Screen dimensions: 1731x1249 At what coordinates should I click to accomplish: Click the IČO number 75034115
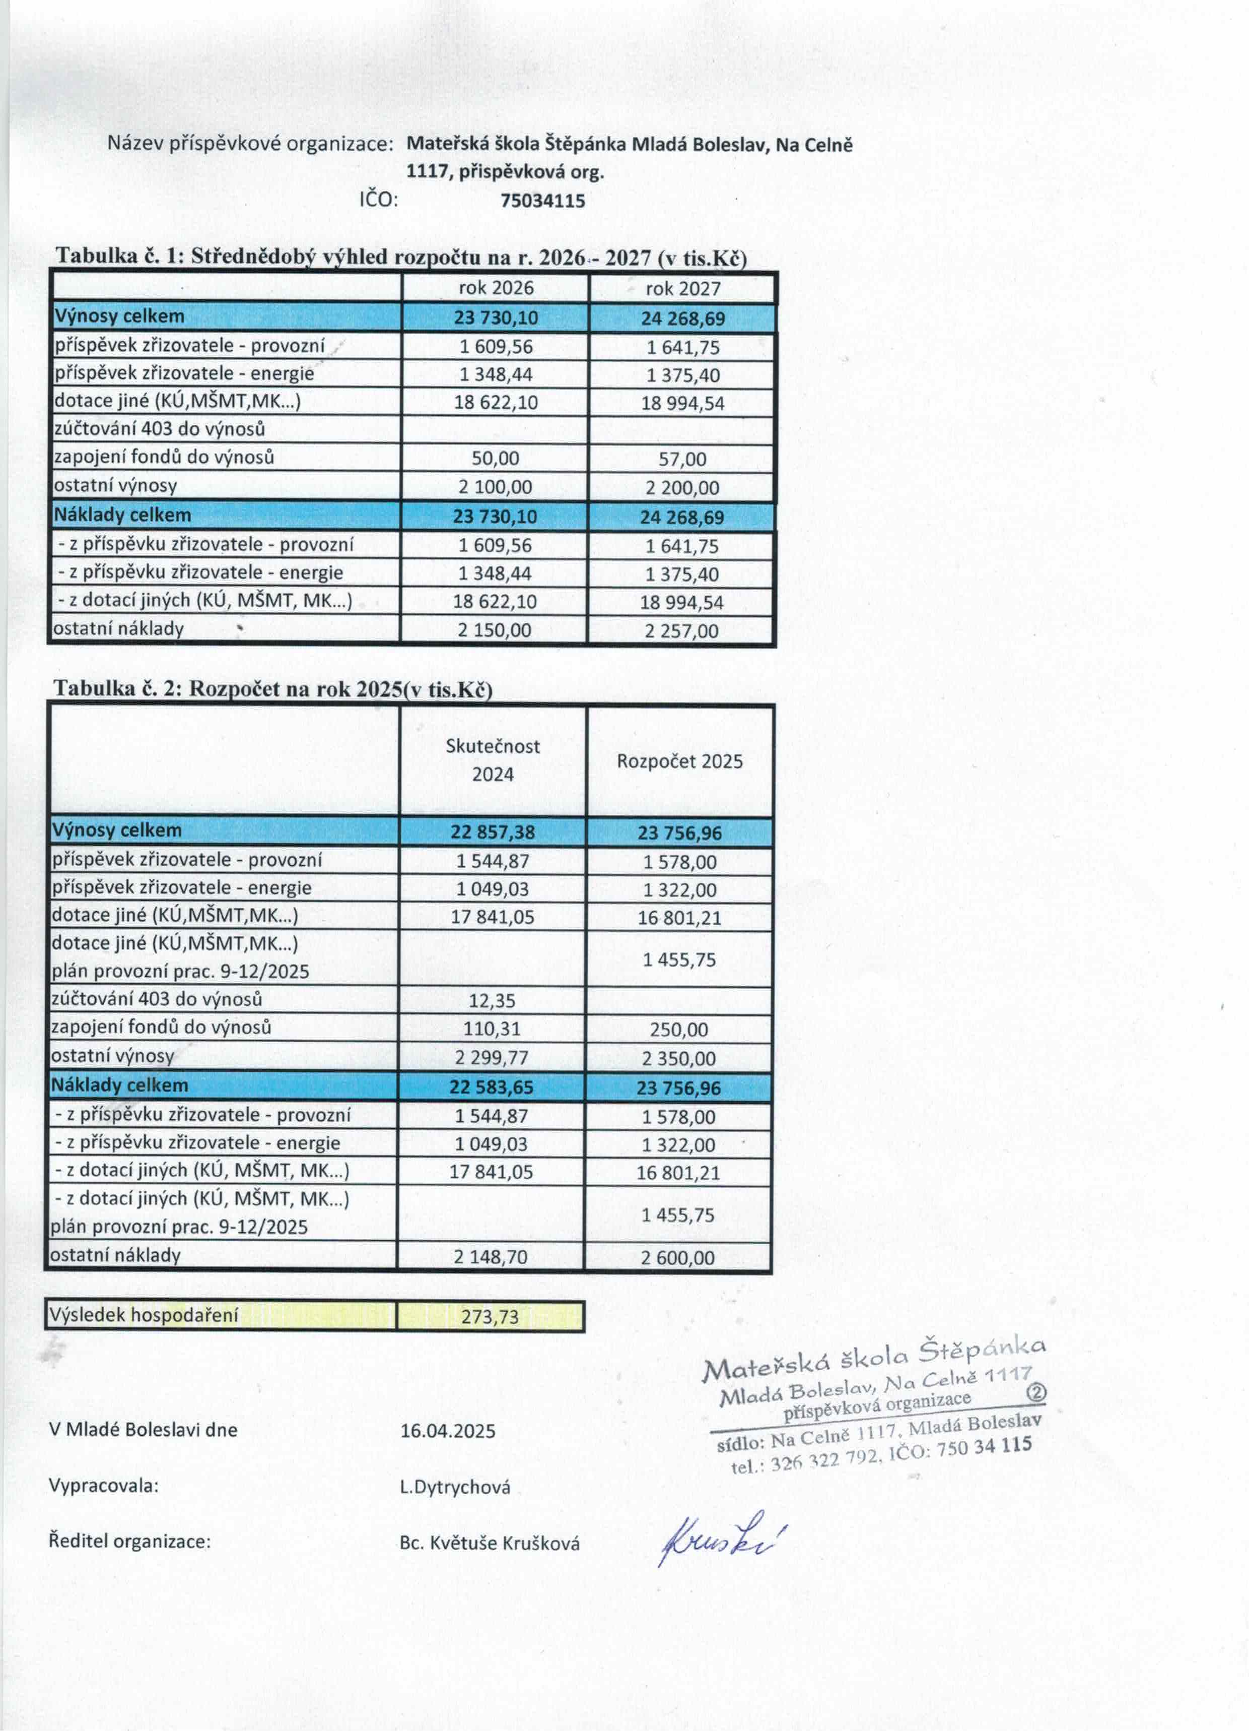coord(542,201)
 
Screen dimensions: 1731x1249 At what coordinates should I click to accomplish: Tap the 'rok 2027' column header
coord(683,288)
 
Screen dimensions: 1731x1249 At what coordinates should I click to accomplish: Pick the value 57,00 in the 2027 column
coord(682,459)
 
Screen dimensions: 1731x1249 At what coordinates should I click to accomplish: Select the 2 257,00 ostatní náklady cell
coord(681,630)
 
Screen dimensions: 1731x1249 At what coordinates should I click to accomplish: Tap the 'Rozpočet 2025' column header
coord(679,761)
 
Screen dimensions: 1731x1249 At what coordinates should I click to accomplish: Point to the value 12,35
coord(492,1000)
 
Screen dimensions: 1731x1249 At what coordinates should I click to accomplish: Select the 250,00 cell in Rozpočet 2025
coord(679,1030)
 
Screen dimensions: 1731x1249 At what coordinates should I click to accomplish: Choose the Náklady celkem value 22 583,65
coord(492,1087)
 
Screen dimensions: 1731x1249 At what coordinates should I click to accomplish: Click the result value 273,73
coord(490,1317)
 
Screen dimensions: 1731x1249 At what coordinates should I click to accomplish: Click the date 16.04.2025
coord(448,1430)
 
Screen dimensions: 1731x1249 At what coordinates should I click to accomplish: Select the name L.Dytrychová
coord(455,1487)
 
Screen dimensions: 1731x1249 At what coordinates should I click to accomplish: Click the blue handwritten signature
coord(721,1538)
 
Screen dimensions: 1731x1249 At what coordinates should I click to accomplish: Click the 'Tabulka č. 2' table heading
coord(272,688)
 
